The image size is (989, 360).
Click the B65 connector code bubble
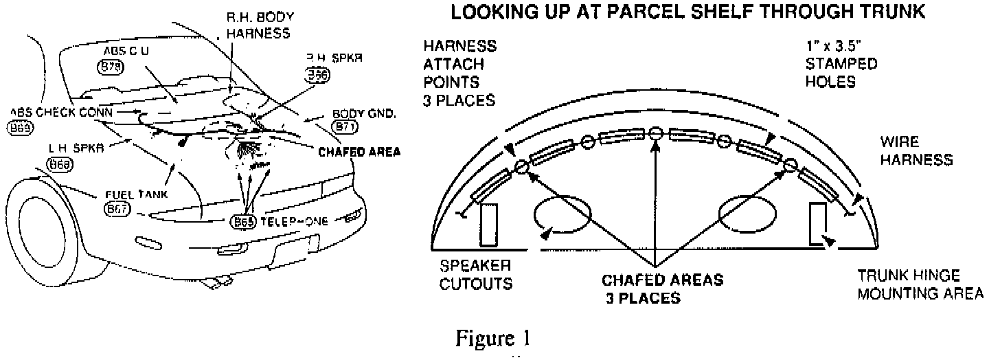243,222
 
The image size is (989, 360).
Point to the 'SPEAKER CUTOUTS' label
475,273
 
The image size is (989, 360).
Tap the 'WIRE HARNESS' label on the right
916,152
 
